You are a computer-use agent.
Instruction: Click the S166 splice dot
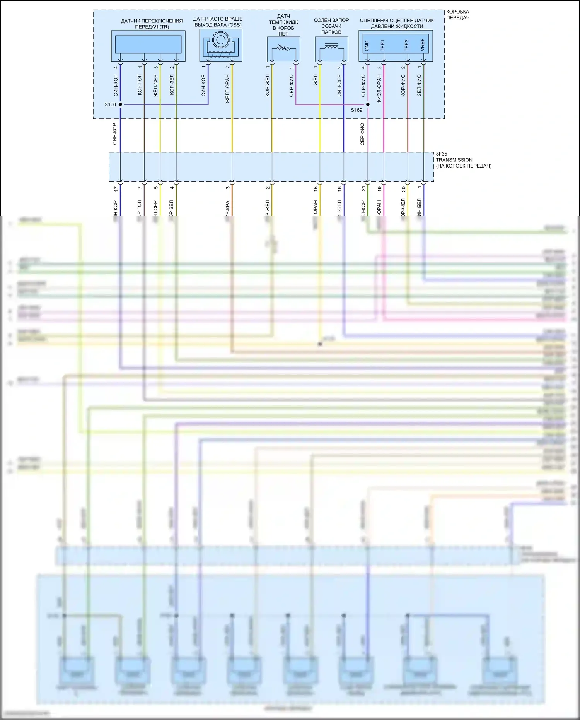click(x=120, y=104)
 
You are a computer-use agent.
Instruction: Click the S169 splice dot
click(x=368, y=104)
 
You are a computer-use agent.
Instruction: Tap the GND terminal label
click(x=367, y=46)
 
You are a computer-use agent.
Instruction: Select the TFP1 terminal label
click(x=383, y=45)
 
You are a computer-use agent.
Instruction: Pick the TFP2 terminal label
click(x=407, y=45)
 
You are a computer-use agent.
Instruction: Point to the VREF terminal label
click(x=423, y=45)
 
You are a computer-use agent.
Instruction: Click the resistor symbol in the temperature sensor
click(x=284, y=49)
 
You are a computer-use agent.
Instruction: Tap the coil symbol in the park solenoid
click(x=331, y=48)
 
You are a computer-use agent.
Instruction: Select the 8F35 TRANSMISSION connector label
click(x=463, y=160)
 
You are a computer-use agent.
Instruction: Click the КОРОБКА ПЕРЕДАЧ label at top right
click(x=458, y=15)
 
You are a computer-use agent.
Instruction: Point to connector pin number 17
click(x=116, y=189)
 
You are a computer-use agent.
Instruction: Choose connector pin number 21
click(x=363, y=189)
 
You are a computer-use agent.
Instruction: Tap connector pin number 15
click(x=316, y=189)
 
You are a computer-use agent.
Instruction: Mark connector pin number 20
click(x=403, y=189)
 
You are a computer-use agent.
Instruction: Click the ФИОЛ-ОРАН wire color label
click(x=379, y=89)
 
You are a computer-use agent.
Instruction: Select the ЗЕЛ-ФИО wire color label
click(x=419, y=86)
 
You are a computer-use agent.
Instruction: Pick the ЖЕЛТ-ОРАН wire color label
click(x=227, y=89)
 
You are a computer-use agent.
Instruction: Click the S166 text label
click(x=110, y=104)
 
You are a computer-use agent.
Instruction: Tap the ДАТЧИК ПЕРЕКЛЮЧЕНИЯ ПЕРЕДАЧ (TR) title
click(x=152, y=24)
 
